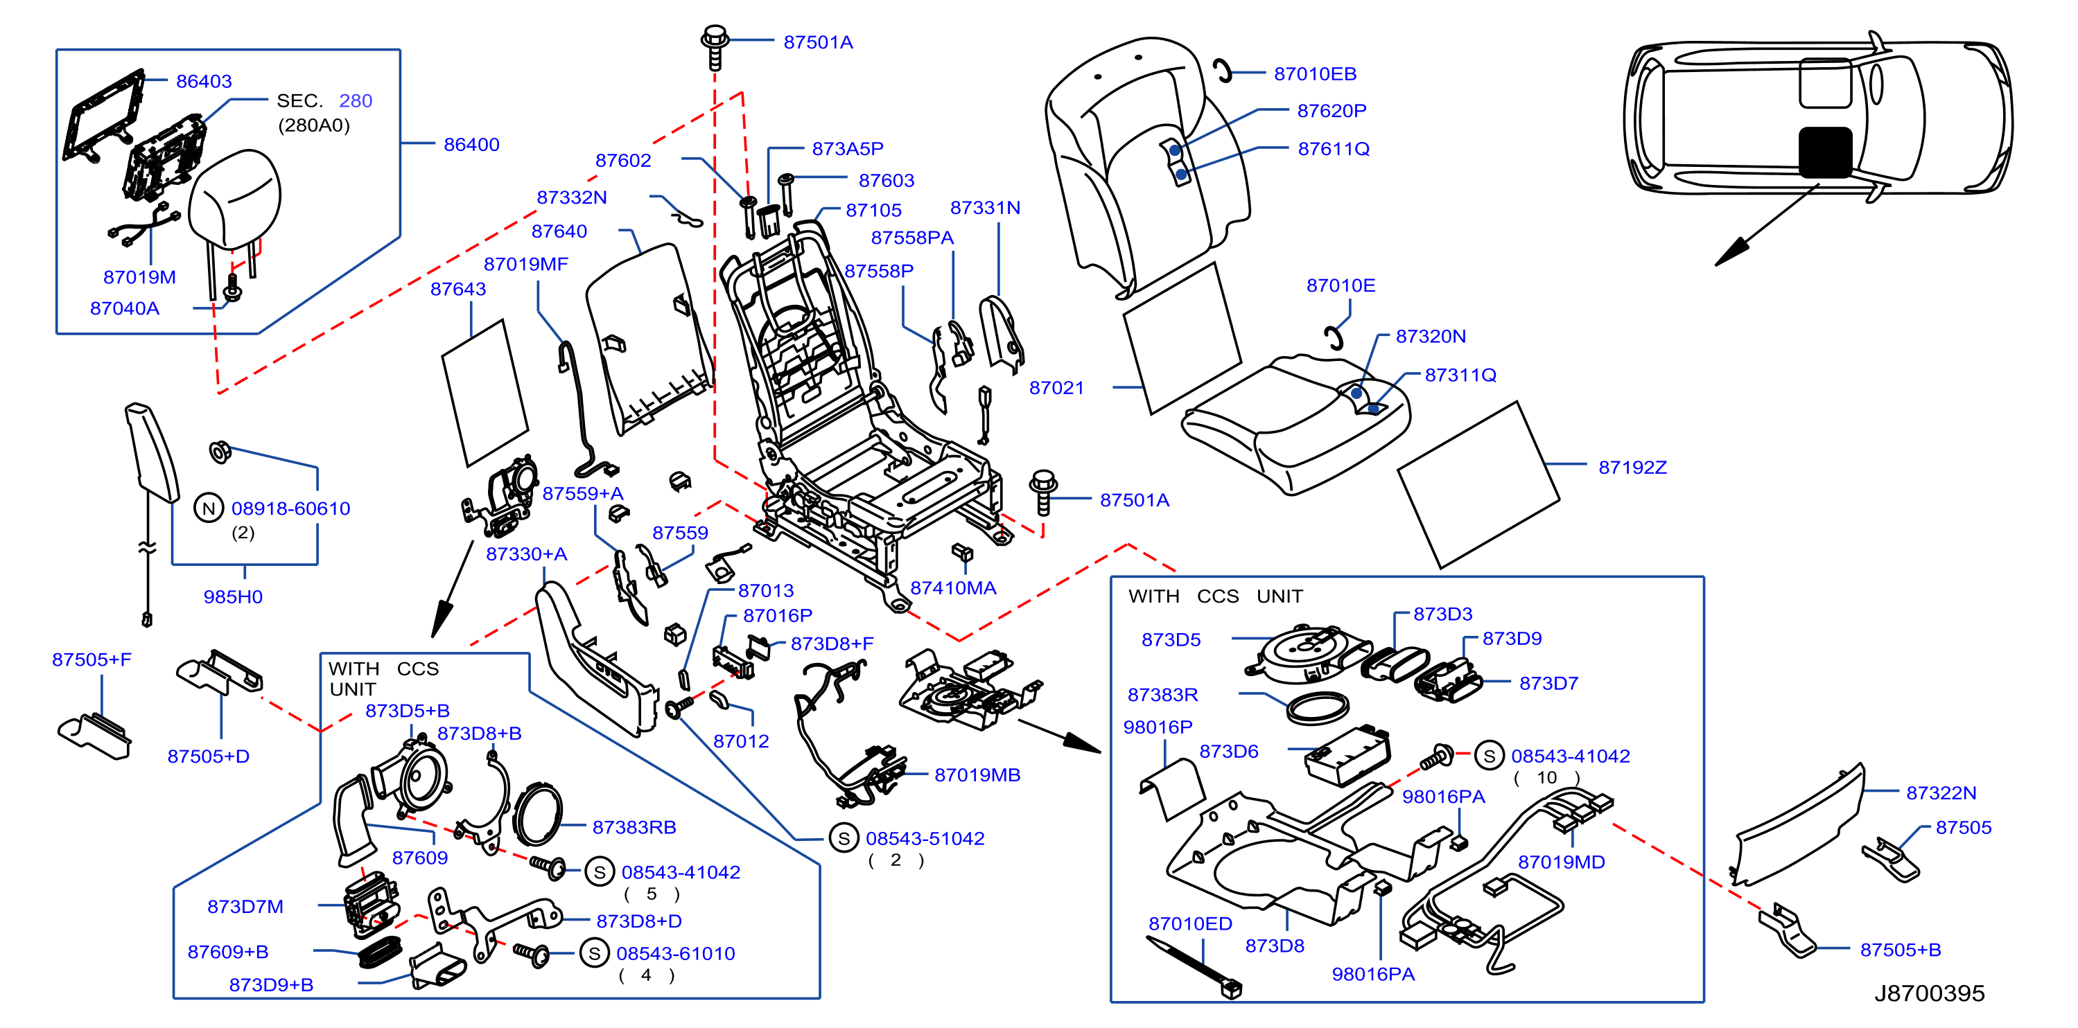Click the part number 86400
[471, 144]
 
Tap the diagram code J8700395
[1929, 993]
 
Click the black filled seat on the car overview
[1825, 152]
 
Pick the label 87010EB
[1315, 73]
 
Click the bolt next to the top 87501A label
[715, 47]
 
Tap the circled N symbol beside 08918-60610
[209, 508]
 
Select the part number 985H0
[232, 596]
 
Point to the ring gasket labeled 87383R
[1318, 708]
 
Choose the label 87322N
[1941, 792]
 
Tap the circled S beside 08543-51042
[844, 838]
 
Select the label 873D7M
[245, 906]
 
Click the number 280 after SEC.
[355, 100]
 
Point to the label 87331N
[985, 207]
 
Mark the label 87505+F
[91, 659]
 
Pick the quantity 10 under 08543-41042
[1546, 777]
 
